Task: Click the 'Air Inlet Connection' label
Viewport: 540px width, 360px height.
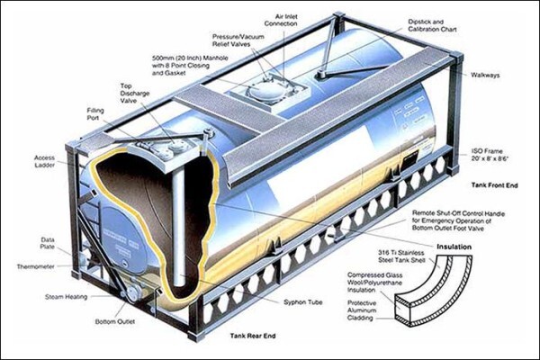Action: (281, 21)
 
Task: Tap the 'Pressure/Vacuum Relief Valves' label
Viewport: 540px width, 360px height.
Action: (238, 40)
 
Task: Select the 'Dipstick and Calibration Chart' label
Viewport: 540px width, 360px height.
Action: (432, 25)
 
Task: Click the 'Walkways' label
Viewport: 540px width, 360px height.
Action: (485, 75)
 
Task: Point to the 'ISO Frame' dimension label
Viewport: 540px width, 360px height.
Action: (490, 155)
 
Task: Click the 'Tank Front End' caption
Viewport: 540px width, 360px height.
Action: (494, 185)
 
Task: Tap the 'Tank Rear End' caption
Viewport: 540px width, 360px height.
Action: (253, 336)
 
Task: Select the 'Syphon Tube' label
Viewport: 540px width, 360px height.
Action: (303, 302)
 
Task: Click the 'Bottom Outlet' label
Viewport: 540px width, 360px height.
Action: (115, 321)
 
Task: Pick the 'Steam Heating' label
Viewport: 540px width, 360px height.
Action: (66, 297)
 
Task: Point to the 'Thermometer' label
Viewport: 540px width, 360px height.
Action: (36, 266)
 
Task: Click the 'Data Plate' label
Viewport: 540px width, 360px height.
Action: (47, 243)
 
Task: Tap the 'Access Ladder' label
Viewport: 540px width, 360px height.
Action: (44, 161)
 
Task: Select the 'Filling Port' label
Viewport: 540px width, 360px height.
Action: (95, 114)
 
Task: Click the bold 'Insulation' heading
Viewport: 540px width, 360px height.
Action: (454, 247)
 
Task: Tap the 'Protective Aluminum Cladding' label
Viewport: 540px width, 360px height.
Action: (362, 310)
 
